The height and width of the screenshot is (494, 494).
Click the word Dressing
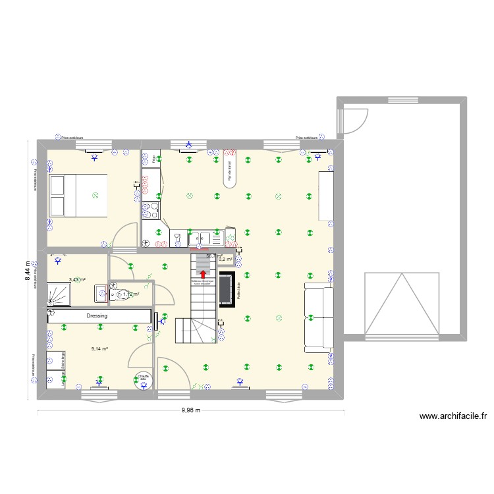click(x=97, y=316)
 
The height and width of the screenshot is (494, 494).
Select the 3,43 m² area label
click(x=78, y=280)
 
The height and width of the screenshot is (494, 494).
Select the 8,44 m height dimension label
click(x=28, y=270)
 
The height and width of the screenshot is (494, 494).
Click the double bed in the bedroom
click(x=77, y=195)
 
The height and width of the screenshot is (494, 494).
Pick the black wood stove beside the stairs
click(x=227, y=289)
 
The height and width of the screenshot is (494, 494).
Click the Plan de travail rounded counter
click(x=229, y=171)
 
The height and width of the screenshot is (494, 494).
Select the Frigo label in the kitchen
click(x=153, y=159)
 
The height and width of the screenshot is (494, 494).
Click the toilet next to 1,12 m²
click(x=120, y=294)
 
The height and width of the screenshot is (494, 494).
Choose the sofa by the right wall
click(x=318, y=316)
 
